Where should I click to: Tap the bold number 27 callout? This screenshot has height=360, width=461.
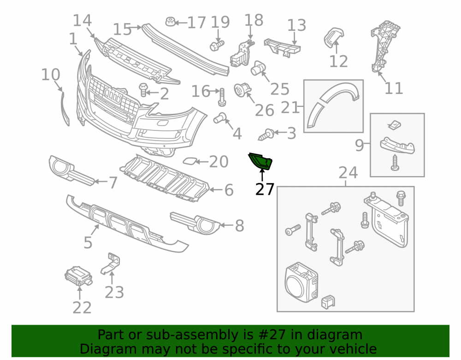(265, 189)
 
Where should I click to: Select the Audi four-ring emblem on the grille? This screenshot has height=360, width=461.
(113, 95)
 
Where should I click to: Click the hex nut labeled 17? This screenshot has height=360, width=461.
(171, 22)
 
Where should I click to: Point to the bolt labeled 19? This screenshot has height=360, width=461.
(217, 45)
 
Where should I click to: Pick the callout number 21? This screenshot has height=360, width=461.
(290, 107)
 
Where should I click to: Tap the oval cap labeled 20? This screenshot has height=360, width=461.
(189, 161)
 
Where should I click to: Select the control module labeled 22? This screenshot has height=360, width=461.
(78, 276)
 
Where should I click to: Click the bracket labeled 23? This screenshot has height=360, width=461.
(111, 264)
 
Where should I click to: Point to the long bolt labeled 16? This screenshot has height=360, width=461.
(222, 97)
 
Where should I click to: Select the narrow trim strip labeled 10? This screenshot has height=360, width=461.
(65, 109)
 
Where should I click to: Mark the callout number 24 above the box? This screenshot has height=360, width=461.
(348, 173)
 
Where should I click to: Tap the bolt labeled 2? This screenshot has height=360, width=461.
(143, 89)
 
